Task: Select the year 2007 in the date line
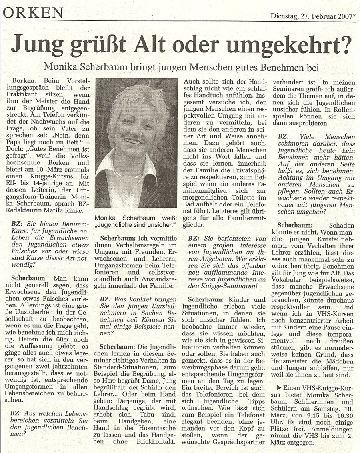pyautogui.click(x=345, y=16)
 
